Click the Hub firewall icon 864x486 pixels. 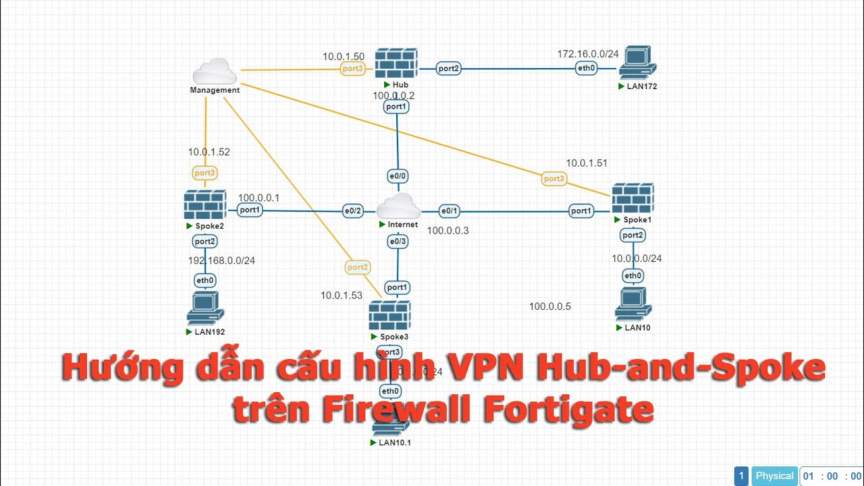coord(397,63)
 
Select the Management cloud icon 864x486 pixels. coord(214,72)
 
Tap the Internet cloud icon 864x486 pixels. coord(398,206)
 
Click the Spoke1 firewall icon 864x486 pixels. coord(632,198)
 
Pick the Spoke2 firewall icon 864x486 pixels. coord(205,205)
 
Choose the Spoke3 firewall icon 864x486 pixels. coord(389,315)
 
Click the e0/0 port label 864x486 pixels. coord(398,176)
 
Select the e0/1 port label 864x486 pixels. coord(450,211)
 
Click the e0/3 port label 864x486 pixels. coord(398,241)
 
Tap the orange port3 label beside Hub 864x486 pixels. coord(352,69)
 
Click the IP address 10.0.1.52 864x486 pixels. coord(209,152)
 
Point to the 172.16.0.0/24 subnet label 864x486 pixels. coord(587,53)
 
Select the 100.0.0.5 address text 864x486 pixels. coord(549,306)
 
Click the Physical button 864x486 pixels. coord(774,476)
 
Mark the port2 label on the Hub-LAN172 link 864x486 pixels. coord(448,68)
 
